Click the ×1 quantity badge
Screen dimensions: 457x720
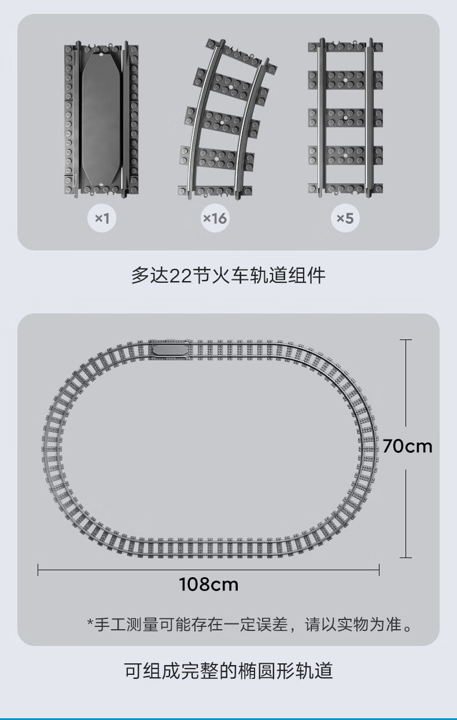[x=102, y=218]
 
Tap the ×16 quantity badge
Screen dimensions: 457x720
[x=215, y=218]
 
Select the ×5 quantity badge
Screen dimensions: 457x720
[x=345, y=218]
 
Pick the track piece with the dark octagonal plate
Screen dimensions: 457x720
[x=101, y=119]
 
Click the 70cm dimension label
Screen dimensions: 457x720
[x=407, y=446]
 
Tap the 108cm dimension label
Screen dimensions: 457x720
[x=209, y=584]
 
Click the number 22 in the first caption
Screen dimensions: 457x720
[x=180, y=276]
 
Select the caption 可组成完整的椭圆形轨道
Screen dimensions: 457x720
[x=228, y=671]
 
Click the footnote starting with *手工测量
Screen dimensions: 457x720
[x=250, y=625]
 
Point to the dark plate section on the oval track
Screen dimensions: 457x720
[x=170, y=350]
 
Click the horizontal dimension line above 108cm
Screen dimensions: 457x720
[x=208, y=570]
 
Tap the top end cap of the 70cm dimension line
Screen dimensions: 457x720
[x=406, y=339]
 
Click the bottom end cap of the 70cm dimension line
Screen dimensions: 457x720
[x=406, y=557]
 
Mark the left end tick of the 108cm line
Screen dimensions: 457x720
[x=38, y=570]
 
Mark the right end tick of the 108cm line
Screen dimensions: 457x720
[x=379, y=570]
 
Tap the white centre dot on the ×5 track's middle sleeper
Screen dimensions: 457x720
[x=345, y=118]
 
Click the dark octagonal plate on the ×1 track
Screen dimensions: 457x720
[x=101, y=119]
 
